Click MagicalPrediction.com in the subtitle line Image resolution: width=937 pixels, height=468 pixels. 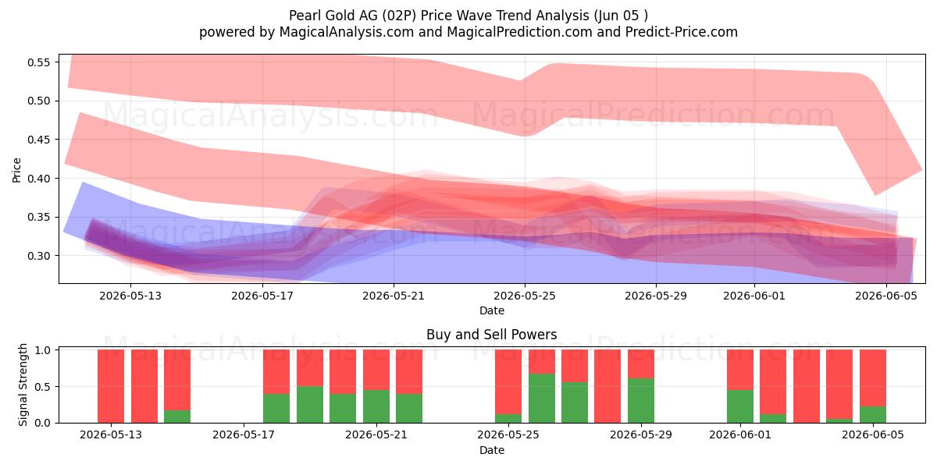[519, 32]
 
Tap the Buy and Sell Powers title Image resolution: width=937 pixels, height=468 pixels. [491, 335]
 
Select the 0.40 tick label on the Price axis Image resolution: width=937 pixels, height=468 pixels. [38, 179]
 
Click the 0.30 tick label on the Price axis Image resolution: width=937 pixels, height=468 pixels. [38, 256]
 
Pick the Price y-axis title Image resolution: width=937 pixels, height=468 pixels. [16, 170]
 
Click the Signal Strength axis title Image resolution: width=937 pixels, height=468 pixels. [23, 385]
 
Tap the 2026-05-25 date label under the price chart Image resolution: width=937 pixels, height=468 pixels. [525, 296]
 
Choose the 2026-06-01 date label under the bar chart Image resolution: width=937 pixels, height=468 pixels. [740, 435]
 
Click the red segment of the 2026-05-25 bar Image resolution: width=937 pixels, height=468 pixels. [508, 382]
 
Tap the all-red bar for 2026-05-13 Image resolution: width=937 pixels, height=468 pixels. [111, 386]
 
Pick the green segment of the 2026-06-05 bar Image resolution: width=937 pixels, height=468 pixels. [873, 414]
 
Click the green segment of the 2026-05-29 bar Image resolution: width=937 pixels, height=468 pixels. [641, 401]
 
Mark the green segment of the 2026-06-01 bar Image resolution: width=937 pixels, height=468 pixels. [740, 406]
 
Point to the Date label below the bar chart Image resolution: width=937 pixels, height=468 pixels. [491, 451]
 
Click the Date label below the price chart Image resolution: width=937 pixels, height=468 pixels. [491, 311]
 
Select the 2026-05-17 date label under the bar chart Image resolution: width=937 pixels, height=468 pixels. [244, 435]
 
